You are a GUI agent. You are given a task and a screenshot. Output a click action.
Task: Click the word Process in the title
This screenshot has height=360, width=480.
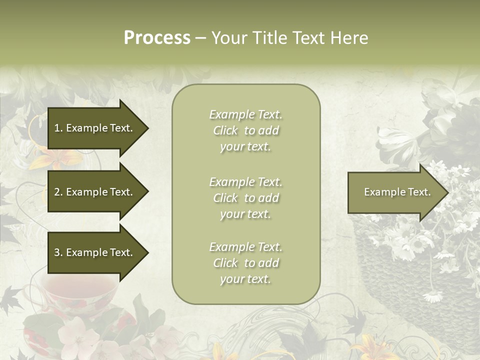click(157, 38)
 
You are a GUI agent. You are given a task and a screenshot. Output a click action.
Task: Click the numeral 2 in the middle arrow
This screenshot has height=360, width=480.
click(57, 192)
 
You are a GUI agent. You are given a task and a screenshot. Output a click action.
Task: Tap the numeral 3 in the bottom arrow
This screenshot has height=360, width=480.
click(57, 252)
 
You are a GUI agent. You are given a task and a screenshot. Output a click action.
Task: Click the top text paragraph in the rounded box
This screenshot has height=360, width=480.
click(245, 130)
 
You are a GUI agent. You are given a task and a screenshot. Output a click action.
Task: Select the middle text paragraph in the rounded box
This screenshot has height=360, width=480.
click(245, 198)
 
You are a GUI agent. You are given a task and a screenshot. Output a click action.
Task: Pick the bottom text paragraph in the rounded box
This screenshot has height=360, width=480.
click(245, 263)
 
